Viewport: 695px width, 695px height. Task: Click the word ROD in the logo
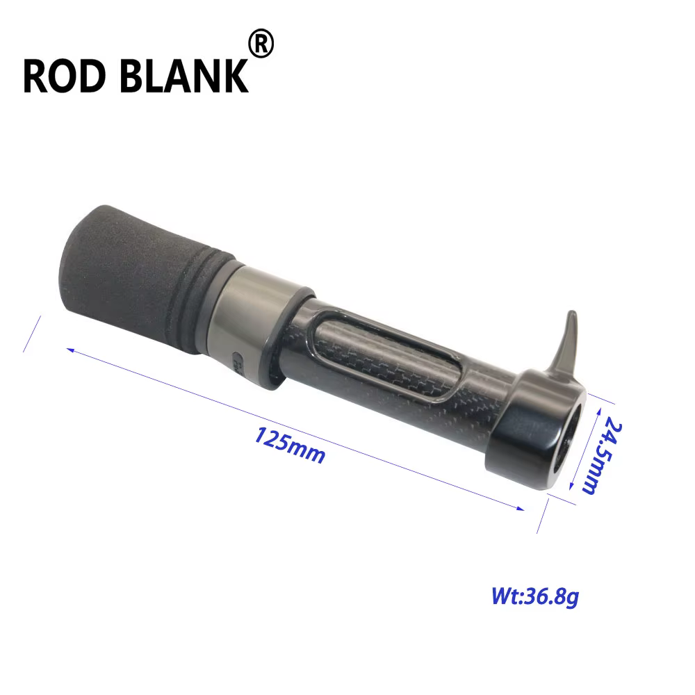point(64,76)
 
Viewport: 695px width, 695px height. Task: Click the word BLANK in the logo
point(184,76)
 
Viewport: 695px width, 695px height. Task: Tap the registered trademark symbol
point(261,43)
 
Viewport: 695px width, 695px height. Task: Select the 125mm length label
point(289,445)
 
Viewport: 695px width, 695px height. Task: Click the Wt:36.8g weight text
point(535,596)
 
